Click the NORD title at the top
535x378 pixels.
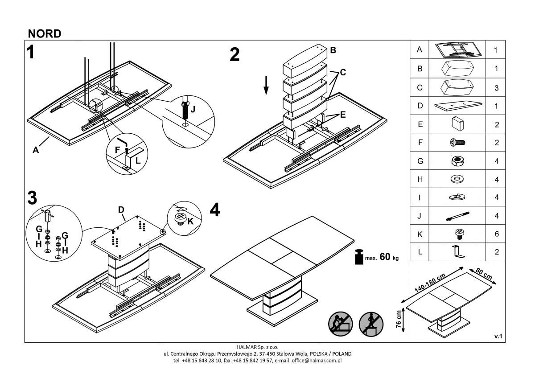[x=44, y=34]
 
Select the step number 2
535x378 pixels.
[x=235, y=55]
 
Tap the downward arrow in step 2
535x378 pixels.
[x=266, y=85]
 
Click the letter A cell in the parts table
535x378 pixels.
[x=419, y=50]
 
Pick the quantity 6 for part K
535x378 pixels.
[x=496, y=234]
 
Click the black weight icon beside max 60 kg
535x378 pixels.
[x=358, y=257]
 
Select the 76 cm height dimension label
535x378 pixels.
[x=399, y=320]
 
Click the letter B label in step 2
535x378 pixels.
[x=333, y=50]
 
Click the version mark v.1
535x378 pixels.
[x=498, y=337]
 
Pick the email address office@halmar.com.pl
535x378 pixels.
[x=315, y=360]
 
